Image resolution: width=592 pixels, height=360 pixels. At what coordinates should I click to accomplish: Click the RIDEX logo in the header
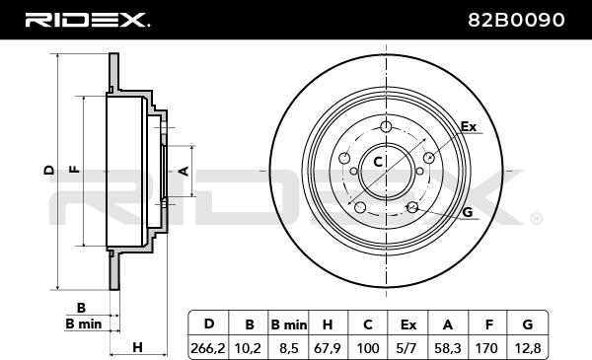pos(87,20)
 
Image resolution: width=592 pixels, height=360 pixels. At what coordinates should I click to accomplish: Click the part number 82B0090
pos(516,20)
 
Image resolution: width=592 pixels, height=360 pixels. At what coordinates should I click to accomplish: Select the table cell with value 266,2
pos(208,348)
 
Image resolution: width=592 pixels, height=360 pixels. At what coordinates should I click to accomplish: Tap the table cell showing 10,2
pos(248,348)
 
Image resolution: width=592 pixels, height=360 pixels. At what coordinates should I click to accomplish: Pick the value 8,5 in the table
pos(288,348)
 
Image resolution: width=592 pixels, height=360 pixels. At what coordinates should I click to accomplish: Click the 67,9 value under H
pos(328,348)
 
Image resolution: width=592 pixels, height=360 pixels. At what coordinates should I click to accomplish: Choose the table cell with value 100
pos(368,348)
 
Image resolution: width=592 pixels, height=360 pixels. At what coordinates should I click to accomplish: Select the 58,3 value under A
pos(447,348)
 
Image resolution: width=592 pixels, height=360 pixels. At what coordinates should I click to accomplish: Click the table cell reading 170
pos(486,348)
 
